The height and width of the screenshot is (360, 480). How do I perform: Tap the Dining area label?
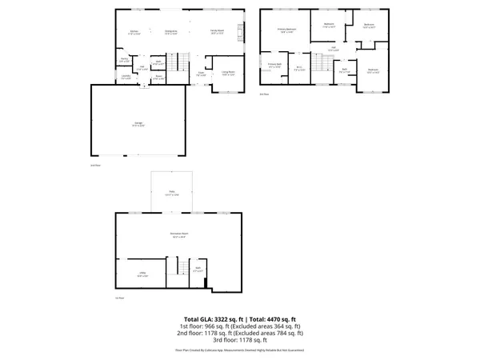[170, 32]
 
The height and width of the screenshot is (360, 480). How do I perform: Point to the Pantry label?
[125, 59]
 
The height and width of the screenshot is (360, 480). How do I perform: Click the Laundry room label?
[126, 78]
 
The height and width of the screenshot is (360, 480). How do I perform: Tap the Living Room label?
[227, 73]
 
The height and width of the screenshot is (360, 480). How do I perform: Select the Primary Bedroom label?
[286, 30]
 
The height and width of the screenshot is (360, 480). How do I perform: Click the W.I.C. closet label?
[299, 69]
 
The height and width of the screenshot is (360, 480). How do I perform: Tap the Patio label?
[171, 193]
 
